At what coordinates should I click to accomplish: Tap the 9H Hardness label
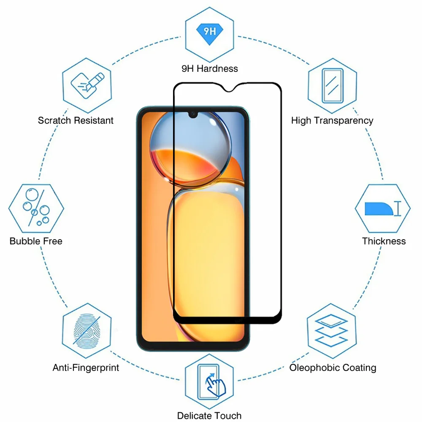pyautogui.click(x=210, y=68)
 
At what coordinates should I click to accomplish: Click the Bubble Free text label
pyautogui.click(x=36, y=241)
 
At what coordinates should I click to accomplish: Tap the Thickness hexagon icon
pyautogui.click(x=382, y=208)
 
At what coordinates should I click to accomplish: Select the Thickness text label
pyautogui.click(x=384, y=241)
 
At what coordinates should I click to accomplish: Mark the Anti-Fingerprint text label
pyautogui.click(x=86, y=368)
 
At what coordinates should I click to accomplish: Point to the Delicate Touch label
pyautogui.click(x=209, y=416)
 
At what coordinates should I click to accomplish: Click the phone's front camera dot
pyautogui.click(x=192, y=114)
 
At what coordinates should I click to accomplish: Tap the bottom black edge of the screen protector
pyautogui.click(x=228, y=321)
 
